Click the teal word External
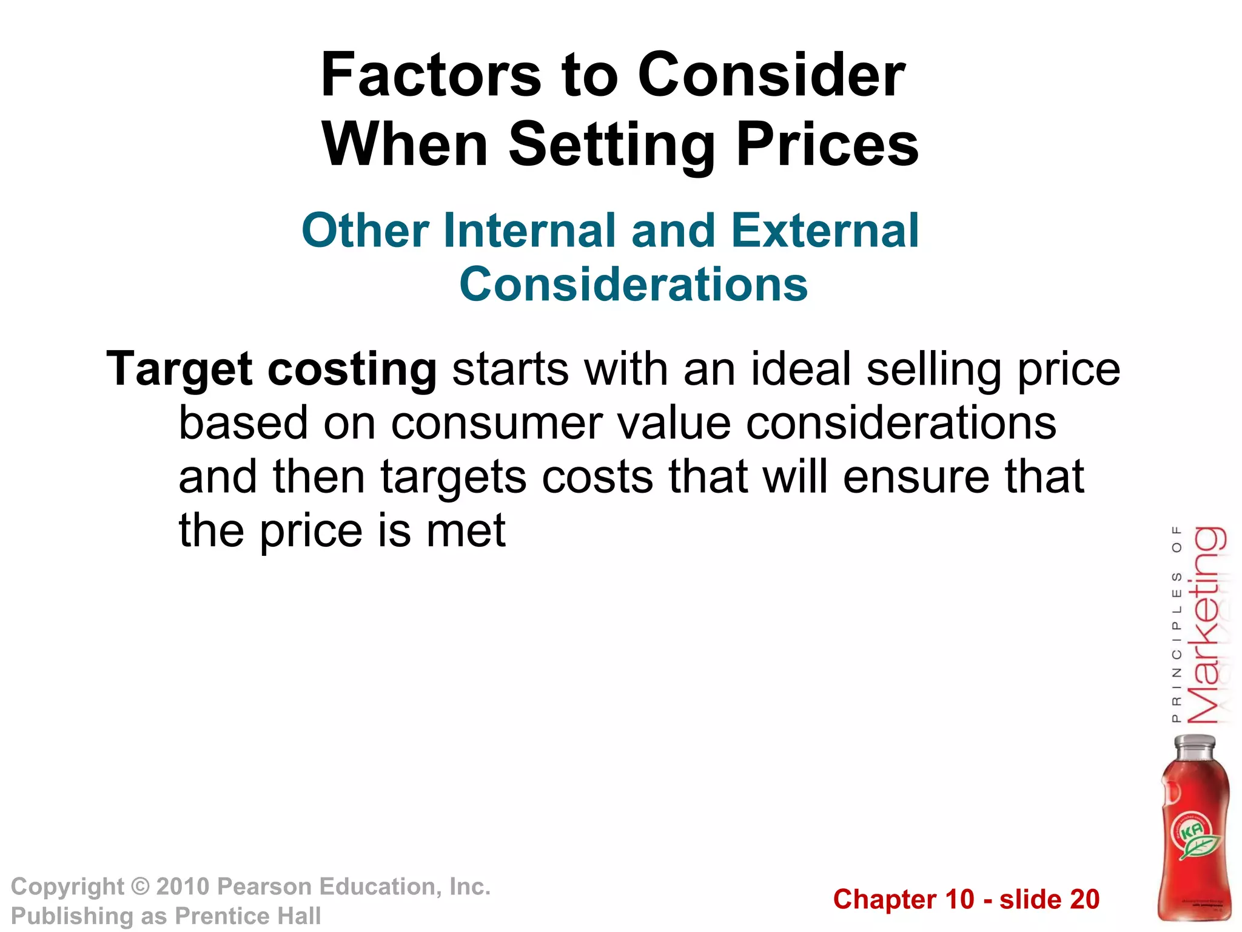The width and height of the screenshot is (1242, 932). click(825, 231)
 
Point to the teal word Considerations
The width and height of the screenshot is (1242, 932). click(634, 284)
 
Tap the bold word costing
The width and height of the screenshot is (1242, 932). click(352, 370)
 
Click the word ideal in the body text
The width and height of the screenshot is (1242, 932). click(801, 369)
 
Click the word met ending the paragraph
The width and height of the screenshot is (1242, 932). click(466, 531)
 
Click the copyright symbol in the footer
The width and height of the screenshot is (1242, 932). click(141, 886)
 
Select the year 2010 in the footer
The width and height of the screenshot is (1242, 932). click(183, 886)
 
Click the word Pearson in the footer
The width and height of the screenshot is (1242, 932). click(264, 886)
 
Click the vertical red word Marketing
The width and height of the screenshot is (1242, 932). click(1206, 625)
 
